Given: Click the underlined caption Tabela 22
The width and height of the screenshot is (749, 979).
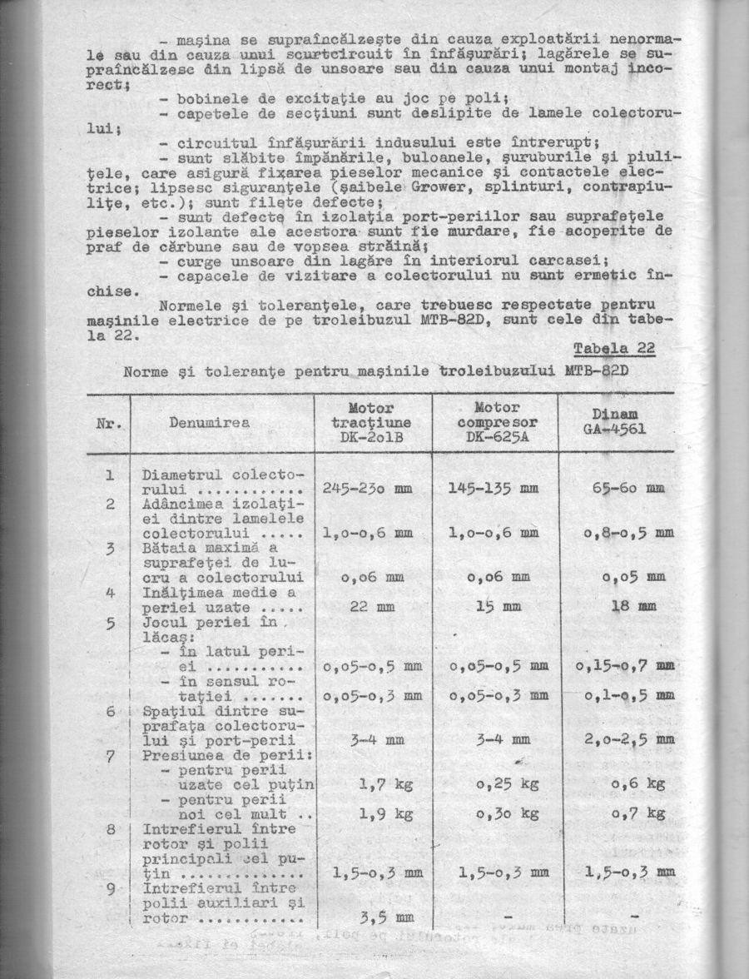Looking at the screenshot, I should [x=614, y=348].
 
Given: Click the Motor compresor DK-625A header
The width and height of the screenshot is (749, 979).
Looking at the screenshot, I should [x=495, y=423].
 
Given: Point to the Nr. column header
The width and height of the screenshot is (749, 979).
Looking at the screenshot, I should [x=108, y=423].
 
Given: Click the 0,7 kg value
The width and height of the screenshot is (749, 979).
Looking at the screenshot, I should [x=637, y=813].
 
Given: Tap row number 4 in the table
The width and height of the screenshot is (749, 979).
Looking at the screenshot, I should [x=110, y=594].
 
